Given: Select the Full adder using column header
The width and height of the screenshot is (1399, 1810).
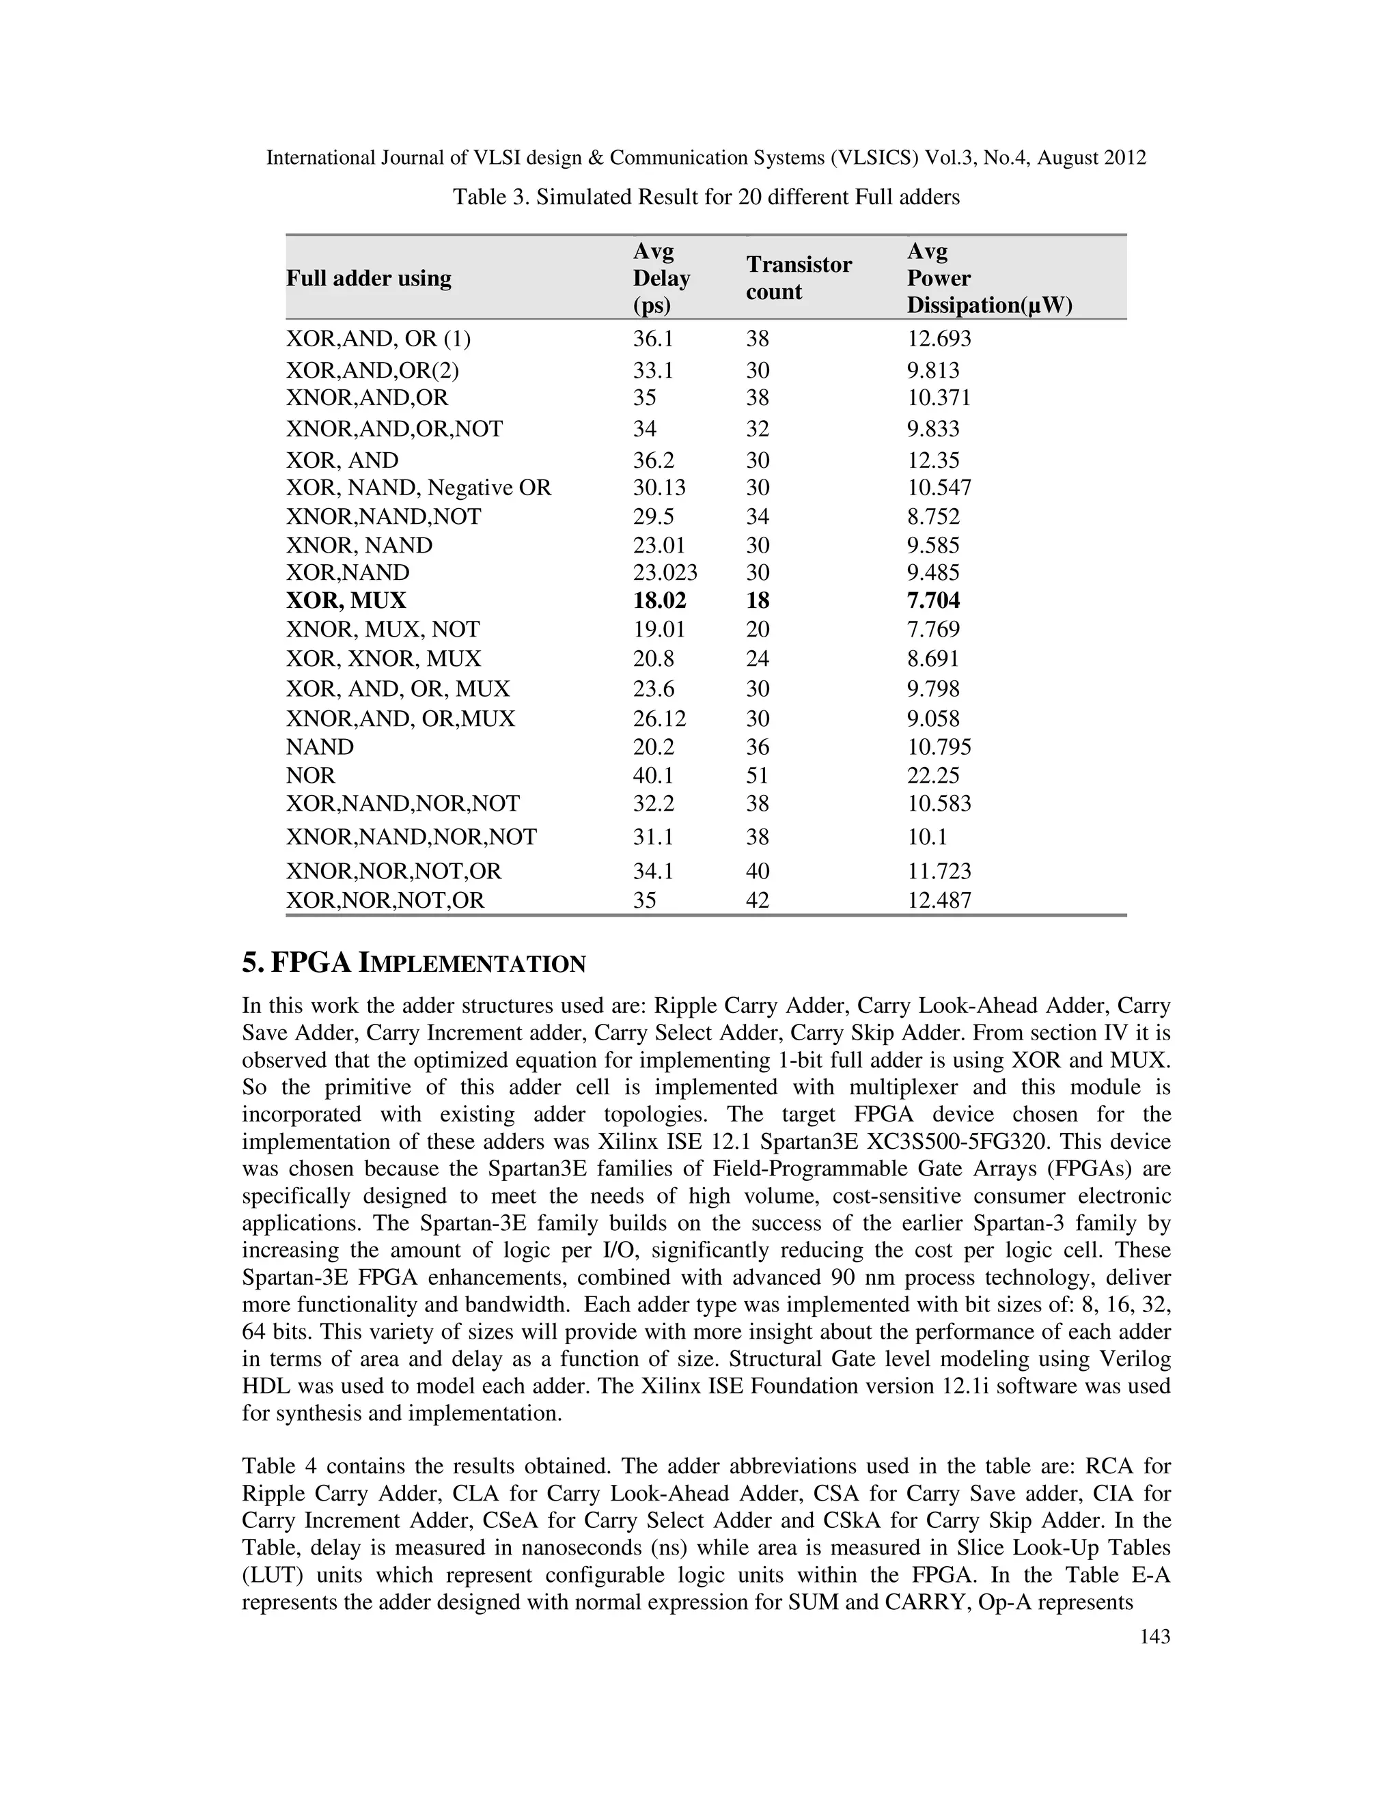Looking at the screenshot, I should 369,279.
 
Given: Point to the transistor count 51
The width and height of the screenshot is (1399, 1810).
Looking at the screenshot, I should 758,775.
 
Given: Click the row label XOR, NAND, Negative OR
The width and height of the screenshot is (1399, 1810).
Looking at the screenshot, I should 419,487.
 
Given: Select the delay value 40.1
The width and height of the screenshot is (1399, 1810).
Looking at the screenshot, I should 653,775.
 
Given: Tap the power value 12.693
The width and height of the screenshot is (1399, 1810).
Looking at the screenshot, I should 939,338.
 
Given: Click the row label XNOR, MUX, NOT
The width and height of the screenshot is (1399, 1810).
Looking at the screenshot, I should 383,629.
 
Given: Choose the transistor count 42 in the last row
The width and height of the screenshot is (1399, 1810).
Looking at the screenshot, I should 758,900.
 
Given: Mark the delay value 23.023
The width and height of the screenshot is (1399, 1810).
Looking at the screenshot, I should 665,572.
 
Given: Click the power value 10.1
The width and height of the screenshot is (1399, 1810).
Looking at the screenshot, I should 926,837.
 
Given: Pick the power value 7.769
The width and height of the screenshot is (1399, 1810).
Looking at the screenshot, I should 933,629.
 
